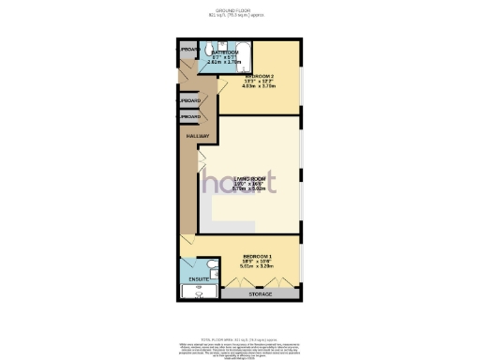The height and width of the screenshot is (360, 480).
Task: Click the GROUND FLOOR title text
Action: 239,10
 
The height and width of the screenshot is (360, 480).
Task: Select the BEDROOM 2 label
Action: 259,75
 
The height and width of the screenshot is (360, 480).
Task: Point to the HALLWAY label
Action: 197,136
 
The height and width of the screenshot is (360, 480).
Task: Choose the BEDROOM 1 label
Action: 257,256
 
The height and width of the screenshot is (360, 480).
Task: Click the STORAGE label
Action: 261,295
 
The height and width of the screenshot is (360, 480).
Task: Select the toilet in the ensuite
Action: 214,273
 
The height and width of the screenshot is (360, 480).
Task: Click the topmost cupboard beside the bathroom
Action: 187,49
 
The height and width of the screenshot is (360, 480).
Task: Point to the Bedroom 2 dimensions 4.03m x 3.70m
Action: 259,85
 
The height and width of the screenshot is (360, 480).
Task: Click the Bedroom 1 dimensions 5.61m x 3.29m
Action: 257,266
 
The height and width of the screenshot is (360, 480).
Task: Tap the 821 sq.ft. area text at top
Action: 239,16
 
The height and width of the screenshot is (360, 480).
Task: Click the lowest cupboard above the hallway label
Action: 190,116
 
